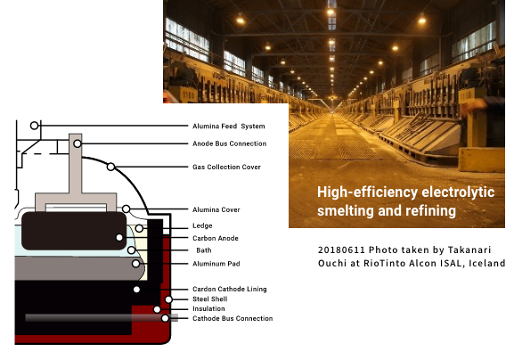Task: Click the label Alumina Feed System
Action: (x=228, y=127)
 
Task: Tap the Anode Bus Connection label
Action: (x=230, y=143)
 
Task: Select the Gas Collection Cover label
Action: (x=226, y=167)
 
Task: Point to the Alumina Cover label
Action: (x=216, y=210)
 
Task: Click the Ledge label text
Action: (x=202, y=225)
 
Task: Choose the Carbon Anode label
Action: (x=216, y=238)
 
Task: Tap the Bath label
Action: (x=204, y=250)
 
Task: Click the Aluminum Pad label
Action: (x=216, y=264)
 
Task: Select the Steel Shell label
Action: (x=209, y=299)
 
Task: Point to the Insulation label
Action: (x=208, y=308)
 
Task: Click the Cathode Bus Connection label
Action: (x=233, y=318)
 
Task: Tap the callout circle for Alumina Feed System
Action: (x=34, y=126)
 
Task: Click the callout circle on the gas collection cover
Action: (x=110, y=167)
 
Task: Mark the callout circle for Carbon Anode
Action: (x=119, y=238)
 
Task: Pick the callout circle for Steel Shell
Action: (x=168, y=299)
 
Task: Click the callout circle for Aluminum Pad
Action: (x=136, y=264)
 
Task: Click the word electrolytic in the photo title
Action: (x=458, y=192)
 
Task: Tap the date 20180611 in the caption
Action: (x=341, y=250)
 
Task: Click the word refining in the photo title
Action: (x=430, y=211)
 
